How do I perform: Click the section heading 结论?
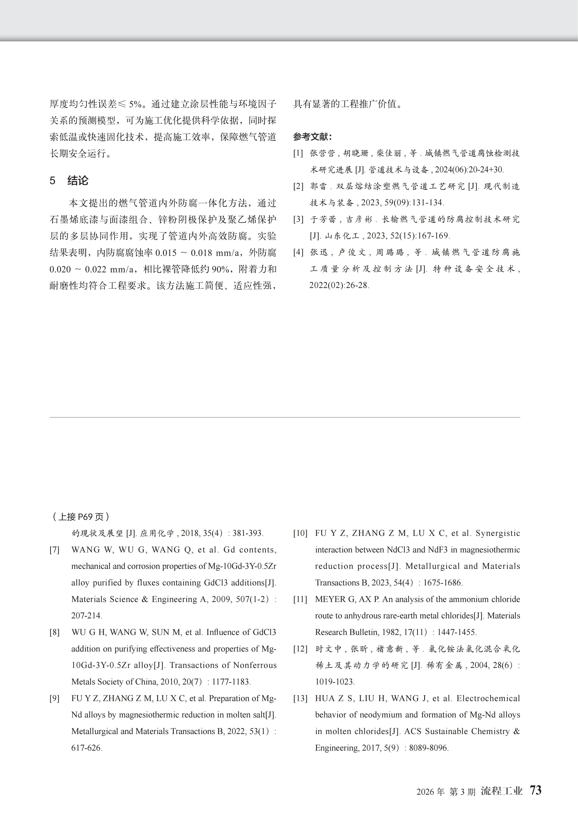[x=78, y=181]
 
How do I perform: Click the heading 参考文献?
[x=312, y=137]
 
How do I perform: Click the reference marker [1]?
[x=298, y=153]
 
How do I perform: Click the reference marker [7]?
[x=54, y=550]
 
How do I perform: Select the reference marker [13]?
[x=300, y=698]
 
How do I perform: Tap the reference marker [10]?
[x=300, y=533]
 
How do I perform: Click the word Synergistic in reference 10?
[x=498, y=533]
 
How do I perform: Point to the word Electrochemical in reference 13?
[x=488, y=698]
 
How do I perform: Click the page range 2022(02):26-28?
[x=339, y=285]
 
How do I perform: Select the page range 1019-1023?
[x=335, y=682]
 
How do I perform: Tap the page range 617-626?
[x=86, y=748]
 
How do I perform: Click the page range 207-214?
[x=86, y=616]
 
